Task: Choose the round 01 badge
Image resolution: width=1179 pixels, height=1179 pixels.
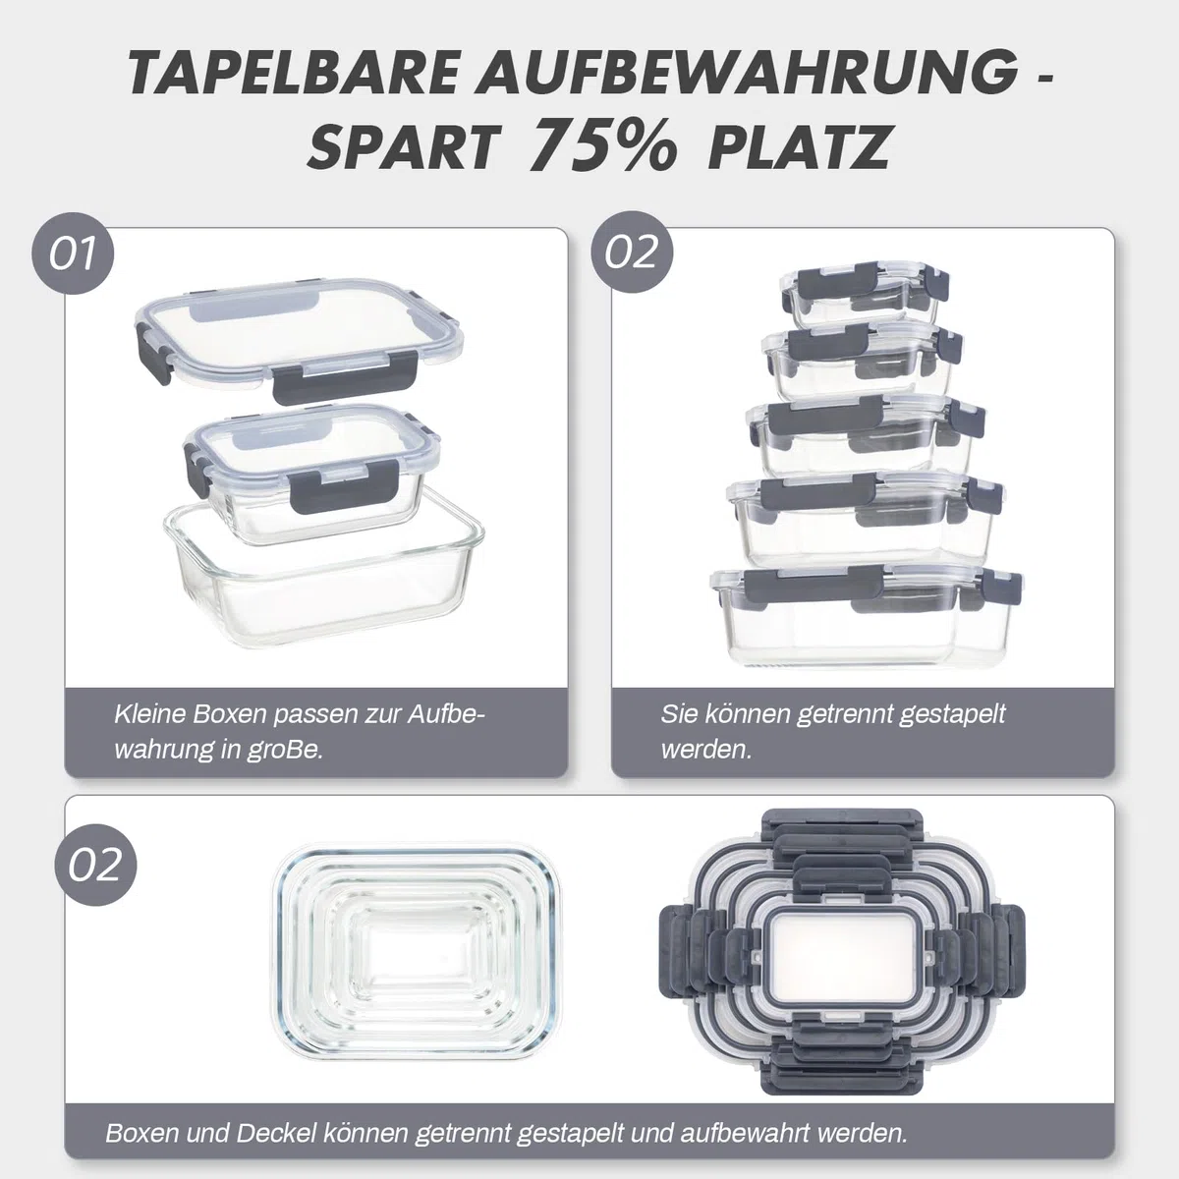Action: tap(73, 253)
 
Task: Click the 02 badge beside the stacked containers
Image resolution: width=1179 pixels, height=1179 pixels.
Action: tap(632, 253)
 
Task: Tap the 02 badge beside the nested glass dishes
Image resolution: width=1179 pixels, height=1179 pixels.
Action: tap(95, 866)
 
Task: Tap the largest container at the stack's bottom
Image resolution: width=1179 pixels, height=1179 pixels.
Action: tap(866, 617)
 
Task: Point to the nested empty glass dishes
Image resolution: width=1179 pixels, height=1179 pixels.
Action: tap(416, 952)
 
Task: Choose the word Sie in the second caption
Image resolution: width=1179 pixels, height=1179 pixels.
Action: tap(679, 714)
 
